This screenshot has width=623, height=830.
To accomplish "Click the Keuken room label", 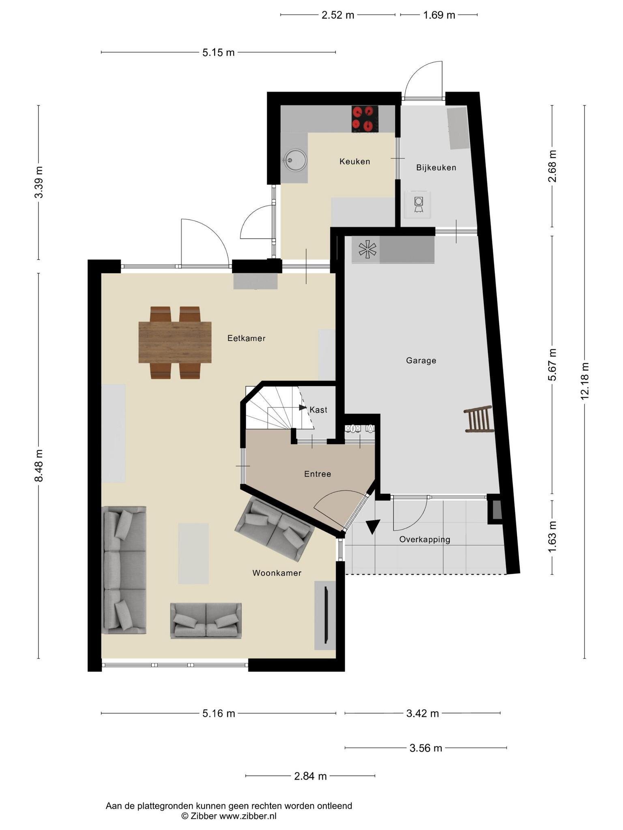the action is [x=355, y=161].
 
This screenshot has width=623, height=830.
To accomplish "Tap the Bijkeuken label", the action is [x=436, y=167].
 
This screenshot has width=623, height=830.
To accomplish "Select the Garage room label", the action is [x=421, y=360].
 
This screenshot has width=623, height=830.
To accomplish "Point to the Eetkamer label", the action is [x=246, y=338].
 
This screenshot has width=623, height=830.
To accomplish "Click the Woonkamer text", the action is [x=277, y=573].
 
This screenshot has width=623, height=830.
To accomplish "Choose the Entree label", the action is [x=318, y=474].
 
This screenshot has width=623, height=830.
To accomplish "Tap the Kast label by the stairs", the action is [x=318, y=410].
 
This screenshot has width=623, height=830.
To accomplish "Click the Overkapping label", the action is [x=425, y=539].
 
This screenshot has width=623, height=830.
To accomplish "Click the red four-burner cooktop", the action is [x=365, y=119].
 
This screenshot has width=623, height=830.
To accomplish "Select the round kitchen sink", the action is [x=295, y=160].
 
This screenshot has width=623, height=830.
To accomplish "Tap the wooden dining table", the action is [x=175, y=342].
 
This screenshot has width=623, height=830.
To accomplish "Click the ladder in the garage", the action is [x=479, y=419].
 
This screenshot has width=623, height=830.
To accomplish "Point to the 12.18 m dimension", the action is [x=584, y=381].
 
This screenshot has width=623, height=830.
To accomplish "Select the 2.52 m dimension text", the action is [x=338, y=15].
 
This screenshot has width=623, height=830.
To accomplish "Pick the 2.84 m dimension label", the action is [x=310, y=776].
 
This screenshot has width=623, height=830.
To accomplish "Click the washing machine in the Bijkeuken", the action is [x=418, y=204].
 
